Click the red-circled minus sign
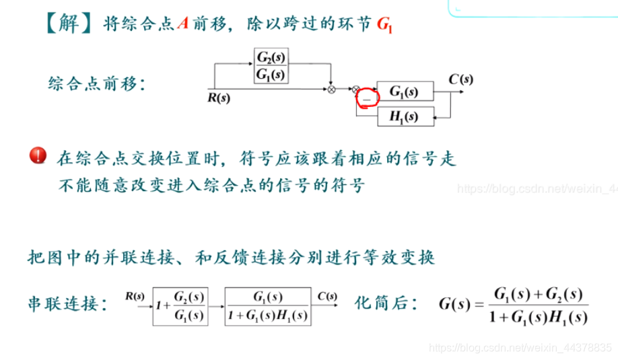point(367,98)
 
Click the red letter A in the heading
point(182,24)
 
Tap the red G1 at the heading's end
point(384,25)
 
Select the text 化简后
point(380,304)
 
